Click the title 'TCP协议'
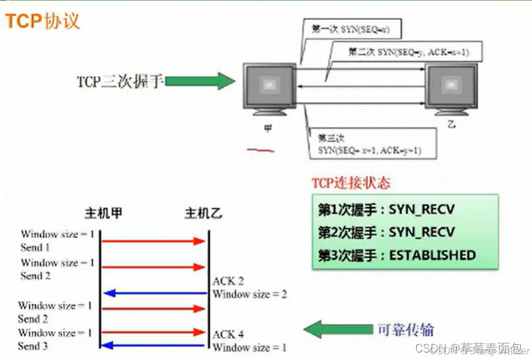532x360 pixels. [x=43, y=21]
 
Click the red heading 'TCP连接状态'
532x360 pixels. [x=351, y=183]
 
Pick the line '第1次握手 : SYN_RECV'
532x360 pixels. [x=386, y=209]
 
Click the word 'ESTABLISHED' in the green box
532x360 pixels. [x=433, y=255]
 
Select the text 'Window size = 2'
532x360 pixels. [x=249, y=294]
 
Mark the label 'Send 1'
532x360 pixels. [x=36, y=247]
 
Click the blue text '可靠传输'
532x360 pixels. [x=405, y=329]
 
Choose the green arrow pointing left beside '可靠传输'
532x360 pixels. [x=338, y=329]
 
